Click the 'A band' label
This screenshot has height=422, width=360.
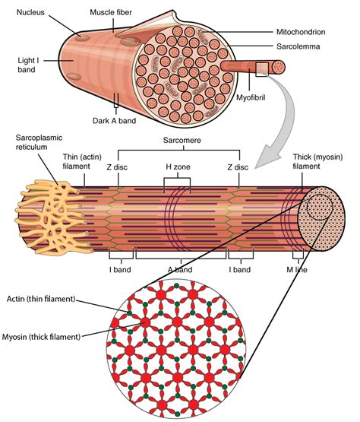click(179, 269)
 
